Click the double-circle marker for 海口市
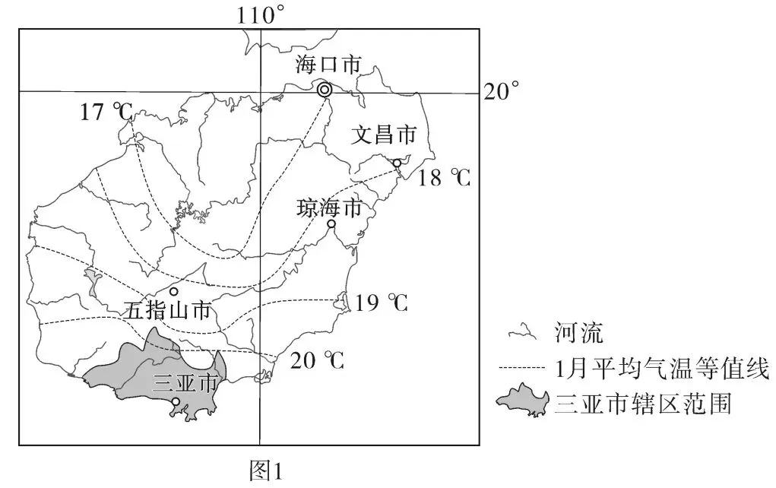(x=325, y=90)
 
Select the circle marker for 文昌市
(x=397, y=163)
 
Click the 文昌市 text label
(x=384, y=135)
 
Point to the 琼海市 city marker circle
(x=331, y=224)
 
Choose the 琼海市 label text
(x=329, y=208)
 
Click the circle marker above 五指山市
(x=174, y=291)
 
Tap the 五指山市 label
(x=168, y=310)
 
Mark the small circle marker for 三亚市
(x=176, y=401)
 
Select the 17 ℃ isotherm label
(x=106, y=112)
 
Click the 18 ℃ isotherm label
(x=445, y=179)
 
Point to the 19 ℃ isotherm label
(x=382, y=303)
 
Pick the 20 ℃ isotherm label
(x=318, y=360)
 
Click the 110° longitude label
(x=261, y=14)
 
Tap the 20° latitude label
(x=502, y=92)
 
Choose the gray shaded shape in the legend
(x=523, y=402)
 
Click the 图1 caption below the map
(x=266, y=471)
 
